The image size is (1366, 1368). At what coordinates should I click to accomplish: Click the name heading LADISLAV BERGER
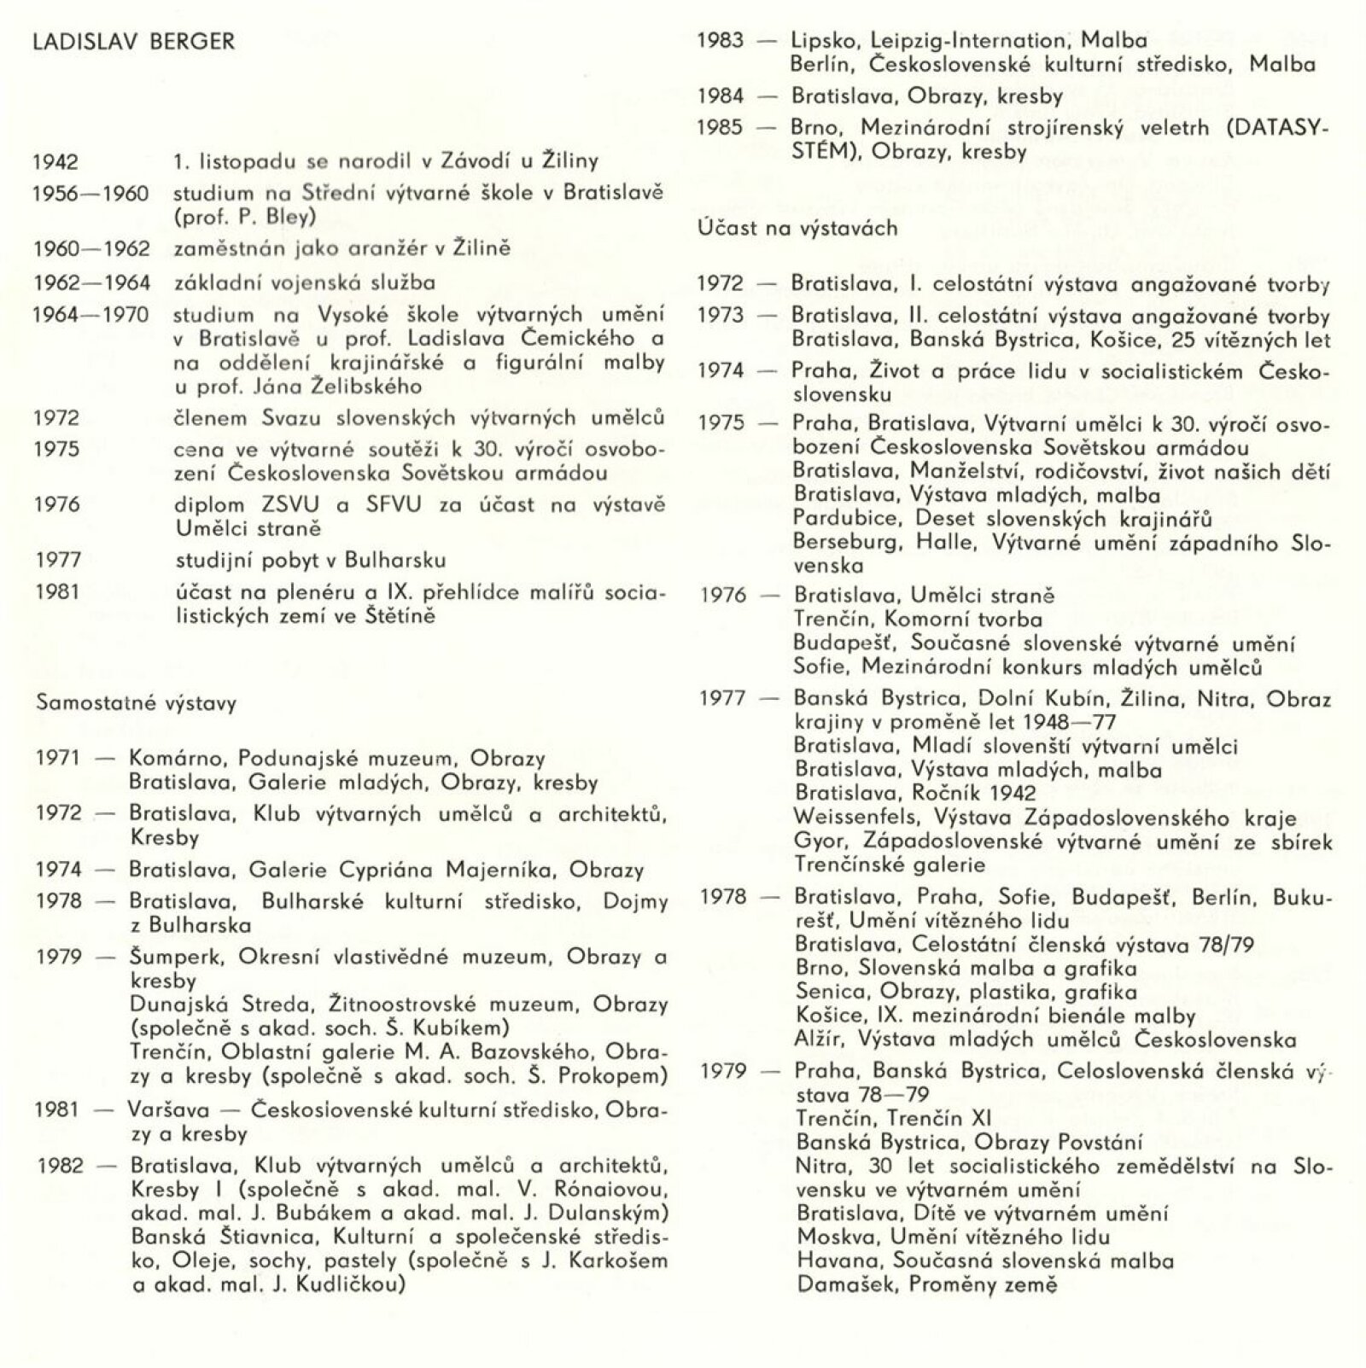click(133, 42)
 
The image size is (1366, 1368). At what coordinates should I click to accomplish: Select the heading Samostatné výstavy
click(136, 704)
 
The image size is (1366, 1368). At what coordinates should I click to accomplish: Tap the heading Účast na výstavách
click(797, 228)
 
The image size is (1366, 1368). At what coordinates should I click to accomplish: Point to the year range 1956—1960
click(90, 194)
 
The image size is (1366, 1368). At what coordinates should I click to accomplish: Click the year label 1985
click(721, 128)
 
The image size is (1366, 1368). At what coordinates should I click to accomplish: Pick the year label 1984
click(721, 96)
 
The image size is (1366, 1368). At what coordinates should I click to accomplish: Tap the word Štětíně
click(398, 615)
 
